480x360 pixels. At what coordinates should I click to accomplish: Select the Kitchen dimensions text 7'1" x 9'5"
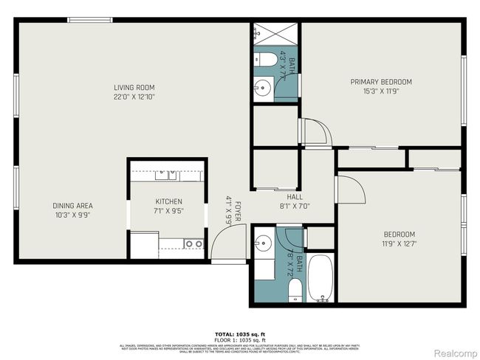click(168, 210)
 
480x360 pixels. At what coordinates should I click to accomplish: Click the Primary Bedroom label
click(380, 82)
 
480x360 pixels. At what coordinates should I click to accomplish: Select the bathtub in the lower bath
click(320, 279)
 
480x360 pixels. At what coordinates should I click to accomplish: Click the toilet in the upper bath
click(269, 58)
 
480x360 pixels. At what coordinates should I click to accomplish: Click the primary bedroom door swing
click(316, 133)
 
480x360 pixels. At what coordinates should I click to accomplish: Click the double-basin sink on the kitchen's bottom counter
click(193, 243)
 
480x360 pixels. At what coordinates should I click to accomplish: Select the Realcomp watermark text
click(456, 352)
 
